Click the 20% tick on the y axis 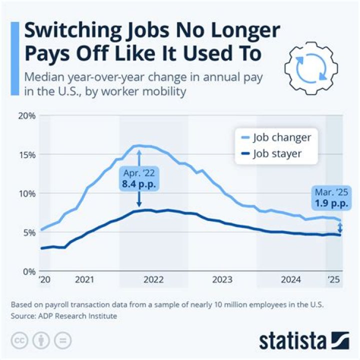(x=25, y=115)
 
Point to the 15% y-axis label (x=25, y=154)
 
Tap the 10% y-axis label (x=25, y=193)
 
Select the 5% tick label (x=27, y=232)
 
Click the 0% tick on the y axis (x=27, y=271)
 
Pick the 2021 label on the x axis (x=84, y=280)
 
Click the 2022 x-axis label (x=153, y=280)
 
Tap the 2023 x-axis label (x=222, y=280)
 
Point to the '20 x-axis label (x=44, y=280)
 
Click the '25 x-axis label (x=333, y=280)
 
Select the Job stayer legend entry (x=277, y=153)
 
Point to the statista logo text (x=292, y=341)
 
